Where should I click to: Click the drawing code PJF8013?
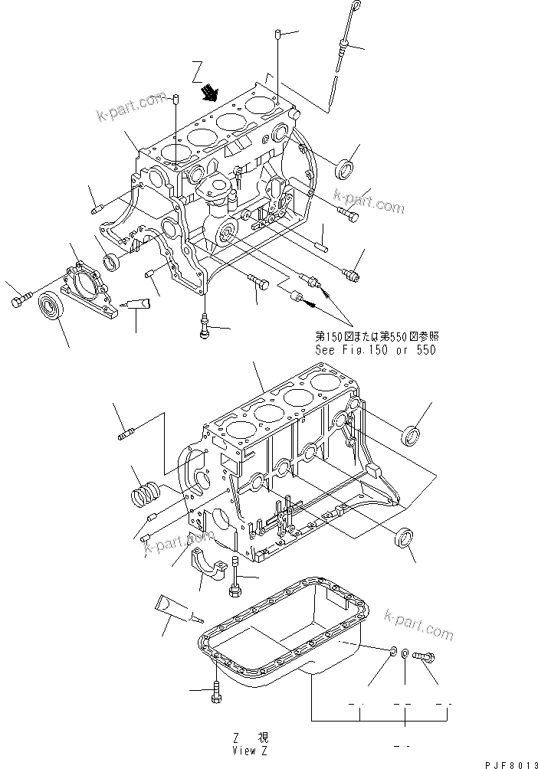pyautogui.click(x=511, y=765)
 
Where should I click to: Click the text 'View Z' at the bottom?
pyautogui.click(x=251, y=751)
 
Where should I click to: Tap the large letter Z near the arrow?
pyautogui.click(x=197, y=71)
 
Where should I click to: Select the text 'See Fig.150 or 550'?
pyautogui.click(x=376, y=350)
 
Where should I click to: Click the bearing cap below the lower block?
pyautogui.click(x=207, y=561)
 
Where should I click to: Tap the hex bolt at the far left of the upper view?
pyautogui.click(x=21, y=299)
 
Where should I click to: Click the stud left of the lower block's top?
pyautogui.click(x=126, y=434)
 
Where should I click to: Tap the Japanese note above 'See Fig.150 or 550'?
pyautogui.click(x=376, y=336)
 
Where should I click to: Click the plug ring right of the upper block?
pyautogui.click(x=345, y=169)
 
